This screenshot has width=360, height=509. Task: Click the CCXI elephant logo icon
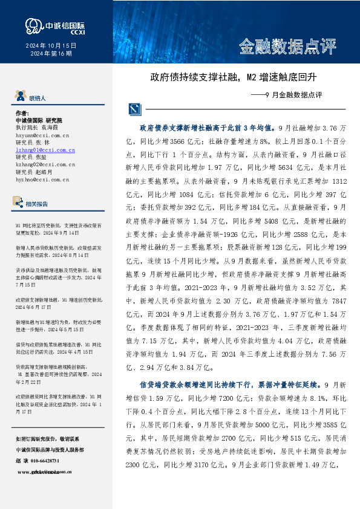click(x=33, y=25)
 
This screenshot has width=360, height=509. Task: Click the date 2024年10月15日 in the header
click(x=51, y=46)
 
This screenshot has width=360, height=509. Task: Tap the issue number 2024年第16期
click(x=51, y=54)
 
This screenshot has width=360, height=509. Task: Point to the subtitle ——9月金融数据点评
click(x=286, y=95)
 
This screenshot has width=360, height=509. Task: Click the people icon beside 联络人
click(x=21, y=96)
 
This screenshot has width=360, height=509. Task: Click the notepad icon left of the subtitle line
click(x=134, y=109)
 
